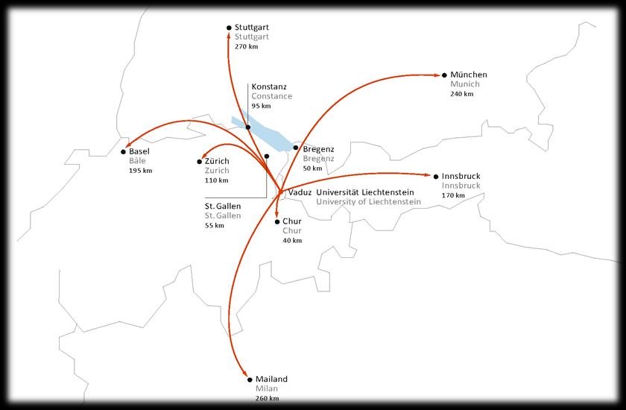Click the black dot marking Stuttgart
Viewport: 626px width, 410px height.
click(x=228, y=28)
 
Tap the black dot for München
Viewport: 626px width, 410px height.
click(x=444, y=75)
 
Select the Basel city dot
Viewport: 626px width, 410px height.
click(x=123, y=152)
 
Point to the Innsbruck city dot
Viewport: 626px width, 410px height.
click(x=436, y=177)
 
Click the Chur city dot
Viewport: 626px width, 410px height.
click(x=276, y=221)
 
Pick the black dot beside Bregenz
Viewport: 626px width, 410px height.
click(x=296, y=148)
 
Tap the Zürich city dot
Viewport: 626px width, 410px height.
click(x=198, y=162)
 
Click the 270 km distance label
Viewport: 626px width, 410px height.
click(x=246, y=46)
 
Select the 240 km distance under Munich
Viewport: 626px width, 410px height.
click(x=462, y=94)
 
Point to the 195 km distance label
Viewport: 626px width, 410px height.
click(x=140, y=171)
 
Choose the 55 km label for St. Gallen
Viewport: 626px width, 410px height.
click(x=215, y=225)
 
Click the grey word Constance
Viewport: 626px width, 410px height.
click(x=272, y=96)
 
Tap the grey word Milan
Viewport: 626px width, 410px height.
click(x=265, y=389)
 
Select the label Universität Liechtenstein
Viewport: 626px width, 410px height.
click(x=365, y=192)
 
